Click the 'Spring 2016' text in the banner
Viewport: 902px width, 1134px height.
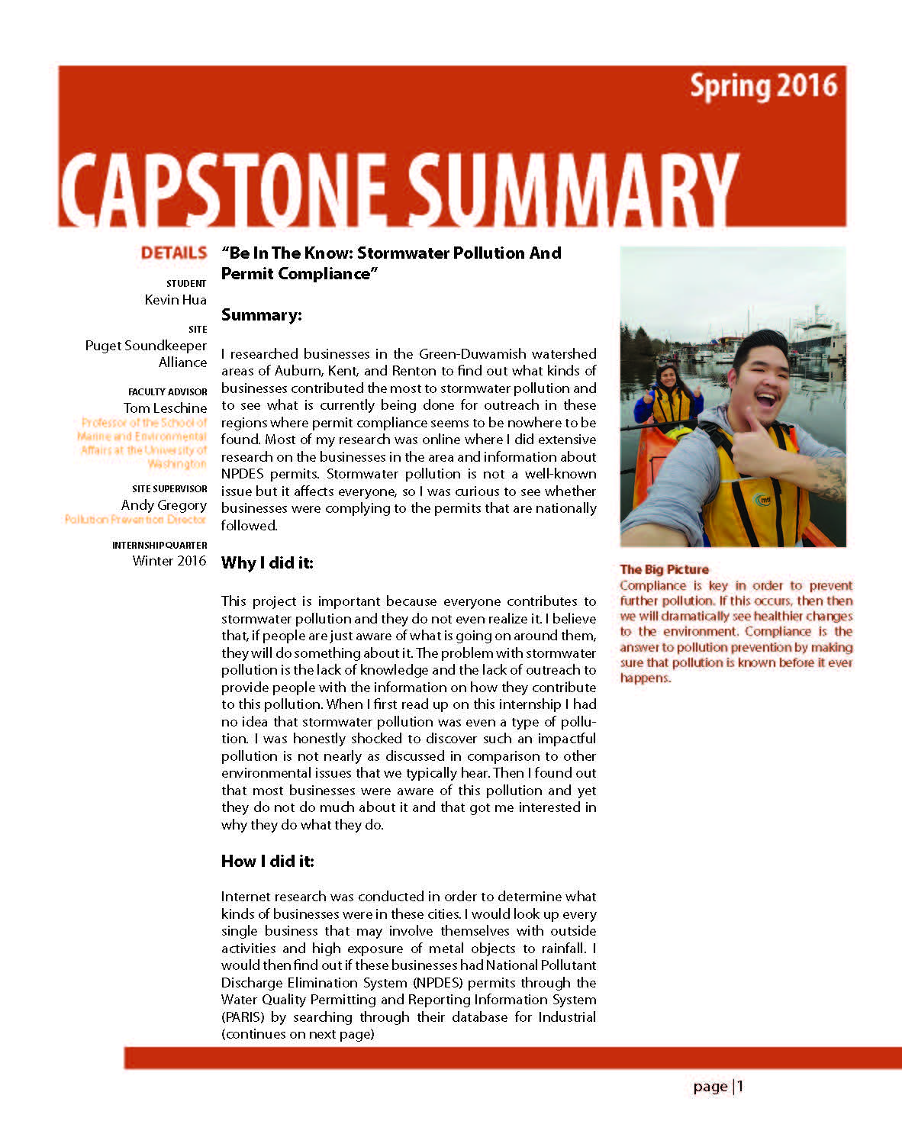coord(763,86)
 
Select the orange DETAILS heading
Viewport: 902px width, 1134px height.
coord(174,253)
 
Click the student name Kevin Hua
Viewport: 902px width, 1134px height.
coord(176,300)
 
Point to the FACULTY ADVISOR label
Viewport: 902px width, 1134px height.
coord(168,391)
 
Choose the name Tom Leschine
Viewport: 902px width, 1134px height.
coord(165,408)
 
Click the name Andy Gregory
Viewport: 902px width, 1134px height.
coord(164,505)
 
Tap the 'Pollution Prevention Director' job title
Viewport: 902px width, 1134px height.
coord(135,520)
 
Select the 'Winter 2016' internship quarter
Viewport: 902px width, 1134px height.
coord(169,561)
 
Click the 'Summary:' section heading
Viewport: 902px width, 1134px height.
coord(261,315)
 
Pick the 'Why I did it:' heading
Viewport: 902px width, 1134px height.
coord(267,563)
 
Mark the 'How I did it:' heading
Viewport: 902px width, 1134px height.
coord(267,862)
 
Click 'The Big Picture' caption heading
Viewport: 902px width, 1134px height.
coord(664,569)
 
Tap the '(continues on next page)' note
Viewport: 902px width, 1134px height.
coord(298,1035)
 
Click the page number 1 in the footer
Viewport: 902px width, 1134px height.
coord(739,1086)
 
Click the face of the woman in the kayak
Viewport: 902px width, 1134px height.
coord(668,377)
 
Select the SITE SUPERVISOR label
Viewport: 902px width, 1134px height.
coord(169,488)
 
